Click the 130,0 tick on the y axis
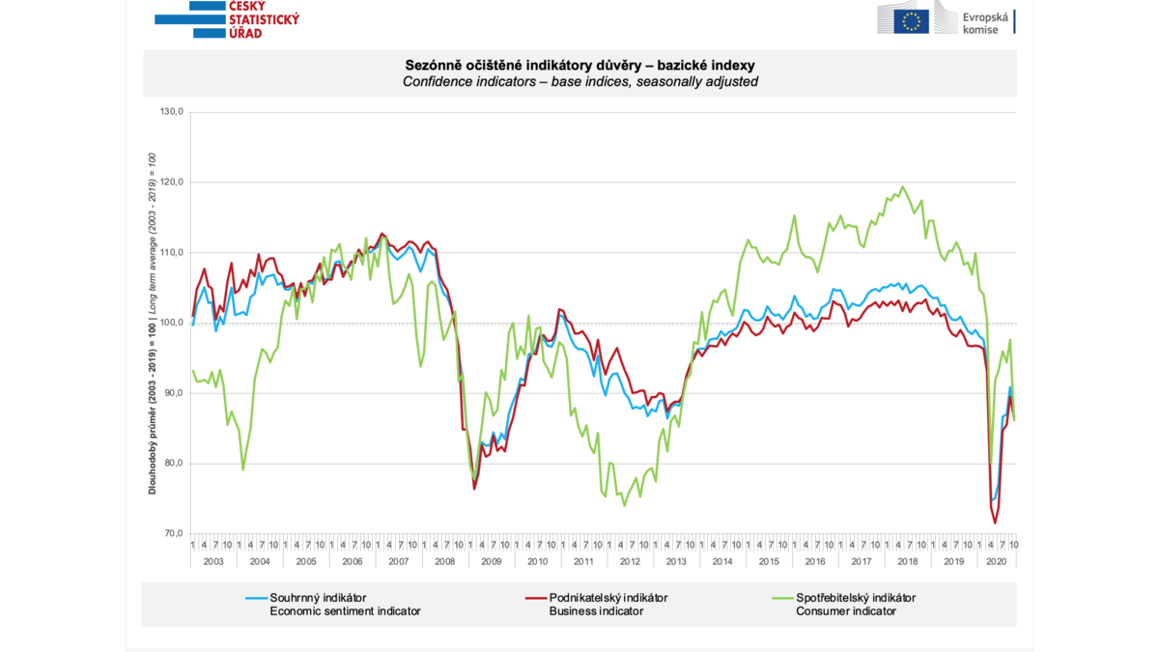tap(171, 112)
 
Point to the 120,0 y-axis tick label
tap(171, 183)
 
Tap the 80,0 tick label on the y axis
tap(173, 464)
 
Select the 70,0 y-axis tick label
tap(173, 534)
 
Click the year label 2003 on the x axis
tap(213, 561)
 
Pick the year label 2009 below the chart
tap(492, 561)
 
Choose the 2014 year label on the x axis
tap(722, 561)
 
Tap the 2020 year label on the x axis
tap(997, 561)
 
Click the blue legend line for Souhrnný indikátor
tap(256, 598)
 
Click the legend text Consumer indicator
tap(846, 611)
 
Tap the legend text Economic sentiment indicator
tap(345, 611)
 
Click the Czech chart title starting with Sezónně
tap(579, 65)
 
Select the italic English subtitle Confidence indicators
tap(579, 82)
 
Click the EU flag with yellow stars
tap(911, 20)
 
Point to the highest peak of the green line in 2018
tap(903, 187)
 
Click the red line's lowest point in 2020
tap(996, 523)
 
